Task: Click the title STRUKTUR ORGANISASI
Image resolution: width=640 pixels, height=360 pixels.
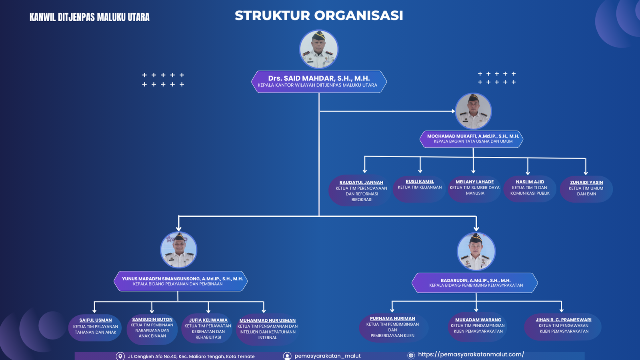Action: click(319, 16)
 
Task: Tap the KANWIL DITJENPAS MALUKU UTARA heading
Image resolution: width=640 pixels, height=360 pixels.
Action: click(90, 17)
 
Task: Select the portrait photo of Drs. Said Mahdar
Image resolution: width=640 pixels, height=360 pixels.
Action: click(319, 49)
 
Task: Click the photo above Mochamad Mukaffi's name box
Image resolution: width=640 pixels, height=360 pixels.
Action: click(473, 111)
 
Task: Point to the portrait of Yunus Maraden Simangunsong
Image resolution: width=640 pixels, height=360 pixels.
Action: click(178, 250)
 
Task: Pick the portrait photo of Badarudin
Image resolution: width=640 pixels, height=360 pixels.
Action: click(476, 251)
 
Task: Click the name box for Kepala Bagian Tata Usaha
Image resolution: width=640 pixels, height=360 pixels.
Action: click(473, 139)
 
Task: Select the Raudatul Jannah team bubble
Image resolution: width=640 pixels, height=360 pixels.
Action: click(361, 191)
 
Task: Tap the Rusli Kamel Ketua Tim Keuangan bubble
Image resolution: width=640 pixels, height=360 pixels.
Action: click(420, 188)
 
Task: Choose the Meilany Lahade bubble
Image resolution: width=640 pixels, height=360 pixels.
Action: click(474, 188)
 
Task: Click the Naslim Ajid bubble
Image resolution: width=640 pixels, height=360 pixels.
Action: click(530, 188)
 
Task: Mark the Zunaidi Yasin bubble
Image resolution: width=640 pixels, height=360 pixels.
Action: click(586, 189)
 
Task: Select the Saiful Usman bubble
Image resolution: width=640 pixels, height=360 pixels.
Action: click(95, 327)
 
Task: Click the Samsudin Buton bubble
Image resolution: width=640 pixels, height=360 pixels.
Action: click(152, 328)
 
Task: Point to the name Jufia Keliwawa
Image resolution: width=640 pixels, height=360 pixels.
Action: click(208, 320)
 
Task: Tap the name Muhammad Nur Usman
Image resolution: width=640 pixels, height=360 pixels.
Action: click(267, 320)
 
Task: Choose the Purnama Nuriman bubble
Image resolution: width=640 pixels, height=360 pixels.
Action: click(392, 328)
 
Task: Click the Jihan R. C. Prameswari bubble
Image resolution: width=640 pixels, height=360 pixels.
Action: click(563, 326)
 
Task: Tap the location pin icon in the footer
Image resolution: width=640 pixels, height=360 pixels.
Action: click(120, 356)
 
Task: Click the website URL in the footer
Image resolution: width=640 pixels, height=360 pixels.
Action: click(471, 354)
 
